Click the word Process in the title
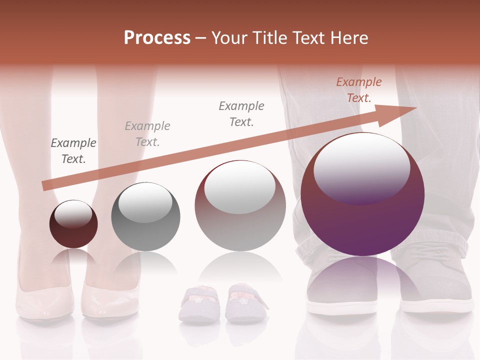pos(157,37)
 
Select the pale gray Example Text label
pos(147,133)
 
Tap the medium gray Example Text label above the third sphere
pos(241,113)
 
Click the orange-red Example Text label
pos(359,90)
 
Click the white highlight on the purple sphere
pos(361,167)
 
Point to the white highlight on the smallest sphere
pos(73,214)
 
